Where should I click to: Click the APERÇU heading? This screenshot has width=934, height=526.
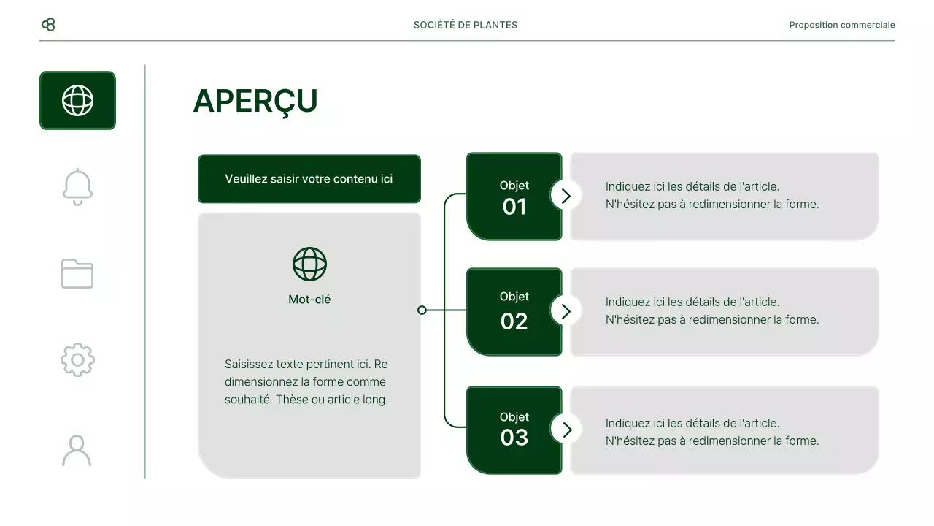point(255,102)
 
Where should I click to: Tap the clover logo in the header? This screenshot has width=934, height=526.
point(48,25)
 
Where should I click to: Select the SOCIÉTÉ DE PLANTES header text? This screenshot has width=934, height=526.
point(466,25)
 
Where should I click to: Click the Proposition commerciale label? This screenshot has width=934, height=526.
point(841,25)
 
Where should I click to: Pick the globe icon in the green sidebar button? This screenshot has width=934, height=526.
point(77,101)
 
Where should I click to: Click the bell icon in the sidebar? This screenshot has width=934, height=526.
point(77,187)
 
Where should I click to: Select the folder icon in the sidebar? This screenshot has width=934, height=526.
point(77,273)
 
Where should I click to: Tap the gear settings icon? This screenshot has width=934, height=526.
point(77,359)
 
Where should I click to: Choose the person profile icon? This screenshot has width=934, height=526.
point(77,450)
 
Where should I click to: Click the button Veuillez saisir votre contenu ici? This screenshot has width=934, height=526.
point(309,179)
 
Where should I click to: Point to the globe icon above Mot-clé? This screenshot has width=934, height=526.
point(309,264)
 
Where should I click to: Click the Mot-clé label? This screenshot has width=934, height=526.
point(309,300)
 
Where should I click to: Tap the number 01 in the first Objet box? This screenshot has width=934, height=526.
point(514,207)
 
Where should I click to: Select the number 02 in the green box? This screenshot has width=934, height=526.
point(514,321)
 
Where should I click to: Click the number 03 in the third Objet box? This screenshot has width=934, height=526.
point(514,438)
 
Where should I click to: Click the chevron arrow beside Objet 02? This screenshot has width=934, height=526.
point(566,311)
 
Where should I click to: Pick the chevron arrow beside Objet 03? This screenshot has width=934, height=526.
point(566,429)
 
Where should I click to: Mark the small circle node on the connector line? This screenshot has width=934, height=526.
point(422,310)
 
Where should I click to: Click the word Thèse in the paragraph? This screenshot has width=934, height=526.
point(292,400)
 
